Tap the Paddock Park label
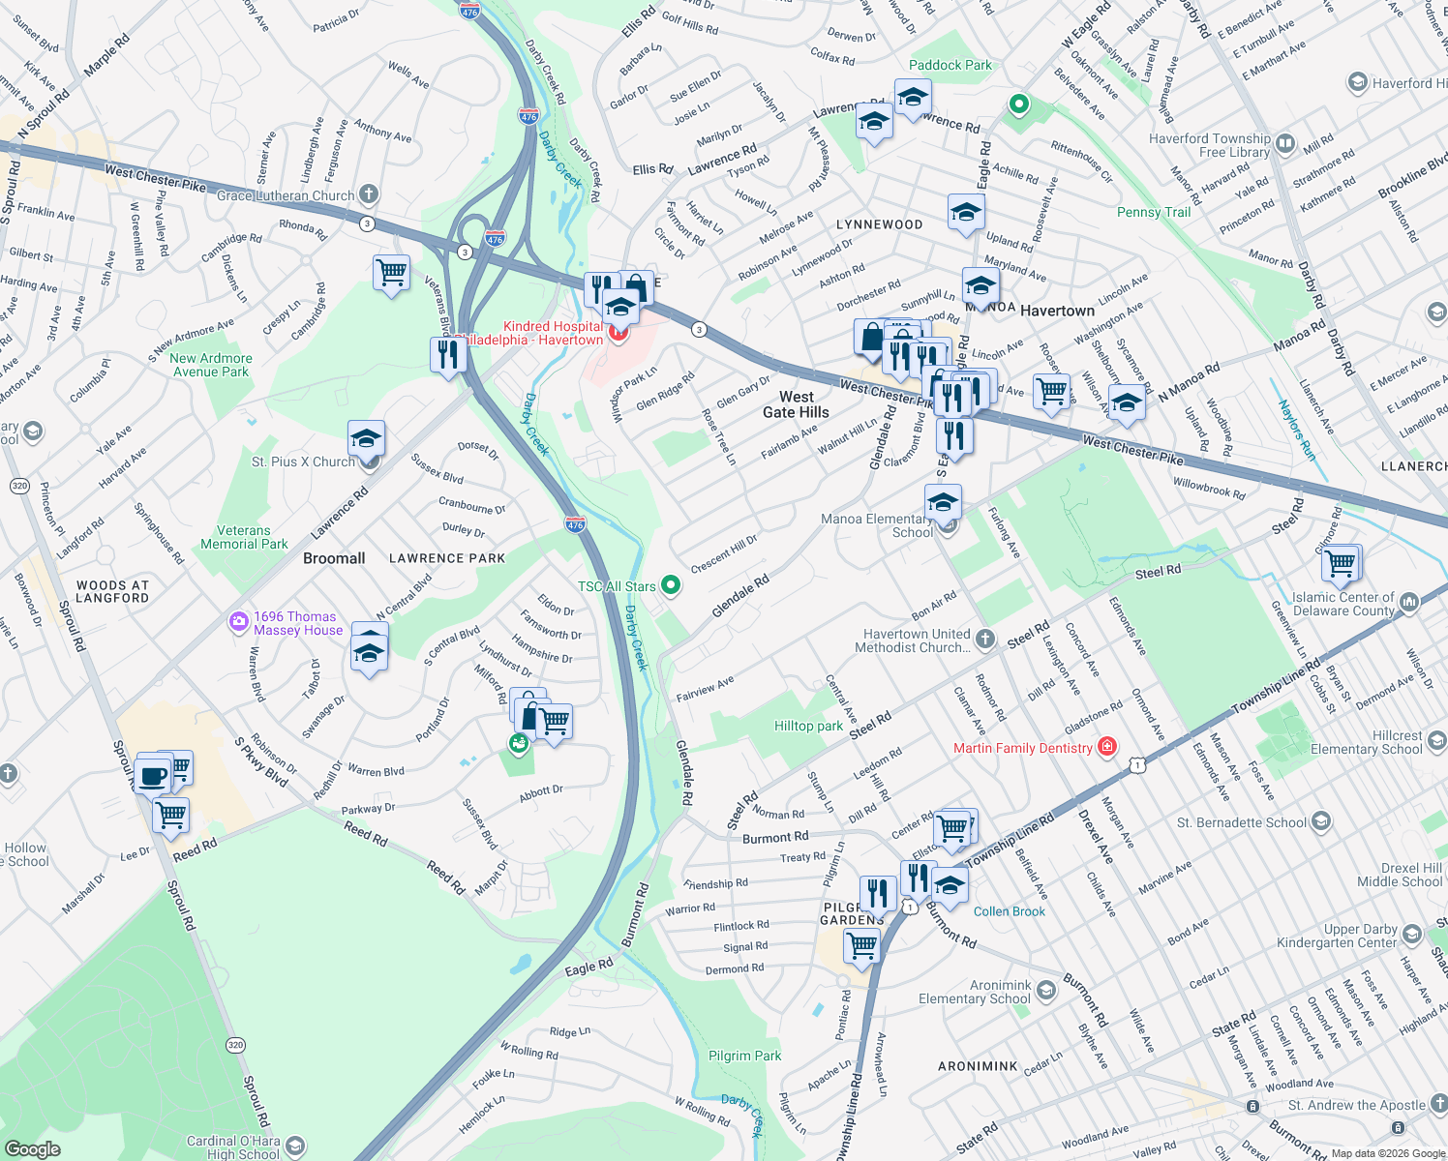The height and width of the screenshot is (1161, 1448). click(x=950, y=65)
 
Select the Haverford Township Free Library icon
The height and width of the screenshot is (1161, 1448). click(x=1285, y=145)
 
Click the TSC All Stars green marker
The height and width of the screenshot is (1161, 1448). click(x=670, y=585)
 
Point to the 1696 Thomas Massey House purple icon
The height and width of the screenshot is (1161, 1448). click(x=239, y=622)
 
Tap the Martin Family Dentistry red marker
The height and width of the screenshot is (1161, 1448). click(x=1107, y=747)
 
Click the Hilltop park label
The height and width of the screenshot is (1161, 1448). click(x=808, y=726)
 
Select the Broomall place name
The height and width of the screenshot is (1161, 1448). click(x=334, y=558)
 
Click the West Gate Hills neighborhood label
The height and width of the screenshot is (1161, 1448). click(x=796, y=404)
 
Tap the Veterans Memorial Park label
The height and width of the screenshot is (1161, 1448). click(x=244, y=537)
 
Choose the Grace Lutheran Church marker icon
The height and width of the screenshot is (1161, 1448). click(x=368, y=194)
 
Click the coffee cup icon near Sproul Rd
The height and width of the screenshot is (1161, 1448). click(x=154, y=775)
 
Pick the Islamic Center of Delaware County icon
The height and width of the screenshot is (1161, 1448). click(x=1408, y=603)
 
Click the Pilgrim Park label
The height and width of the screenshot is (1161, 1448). click(x=744, y=1056)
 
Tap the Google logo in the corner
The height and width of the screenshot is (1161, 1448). click(x=32, y=1148)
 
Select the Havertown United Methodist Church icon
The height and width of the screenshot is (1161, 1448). click(x=984, y=639)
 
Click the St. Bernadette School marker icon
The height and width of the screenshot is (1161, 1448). click(x=1320, y=822)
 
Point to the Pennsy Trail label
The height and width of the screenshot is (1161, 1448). click(x=1153, y=212)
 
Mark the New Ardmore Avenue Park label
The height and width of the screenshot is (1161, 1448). click(x=210, y=365)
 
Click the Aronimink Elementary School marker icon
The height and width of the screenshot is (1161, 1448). click(x=1045, y=991)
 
